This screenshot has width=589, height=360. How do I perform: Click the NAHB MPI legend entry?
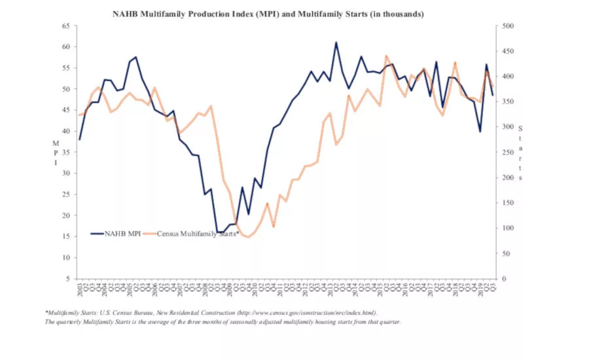(x=122, y=233)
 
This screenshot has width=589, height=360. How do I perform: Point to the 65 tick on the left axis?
(x=65, y=26)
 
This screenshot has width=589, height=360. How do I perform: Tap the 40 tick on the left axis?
(x=65, y=131)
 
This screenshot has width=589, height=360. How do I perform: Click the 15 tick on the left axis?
(x=65, y=236)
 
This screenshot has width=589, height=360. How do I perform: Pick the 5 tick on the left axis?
(x=67, y=279)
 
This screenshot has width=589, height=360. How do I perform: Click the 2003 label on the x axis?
(x=80, y=290)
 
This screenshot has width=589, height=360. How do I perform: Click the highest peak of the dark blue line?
(x=336, y=43)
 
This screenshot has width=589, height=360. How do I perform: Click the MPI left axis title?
(x=56, y=152)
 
